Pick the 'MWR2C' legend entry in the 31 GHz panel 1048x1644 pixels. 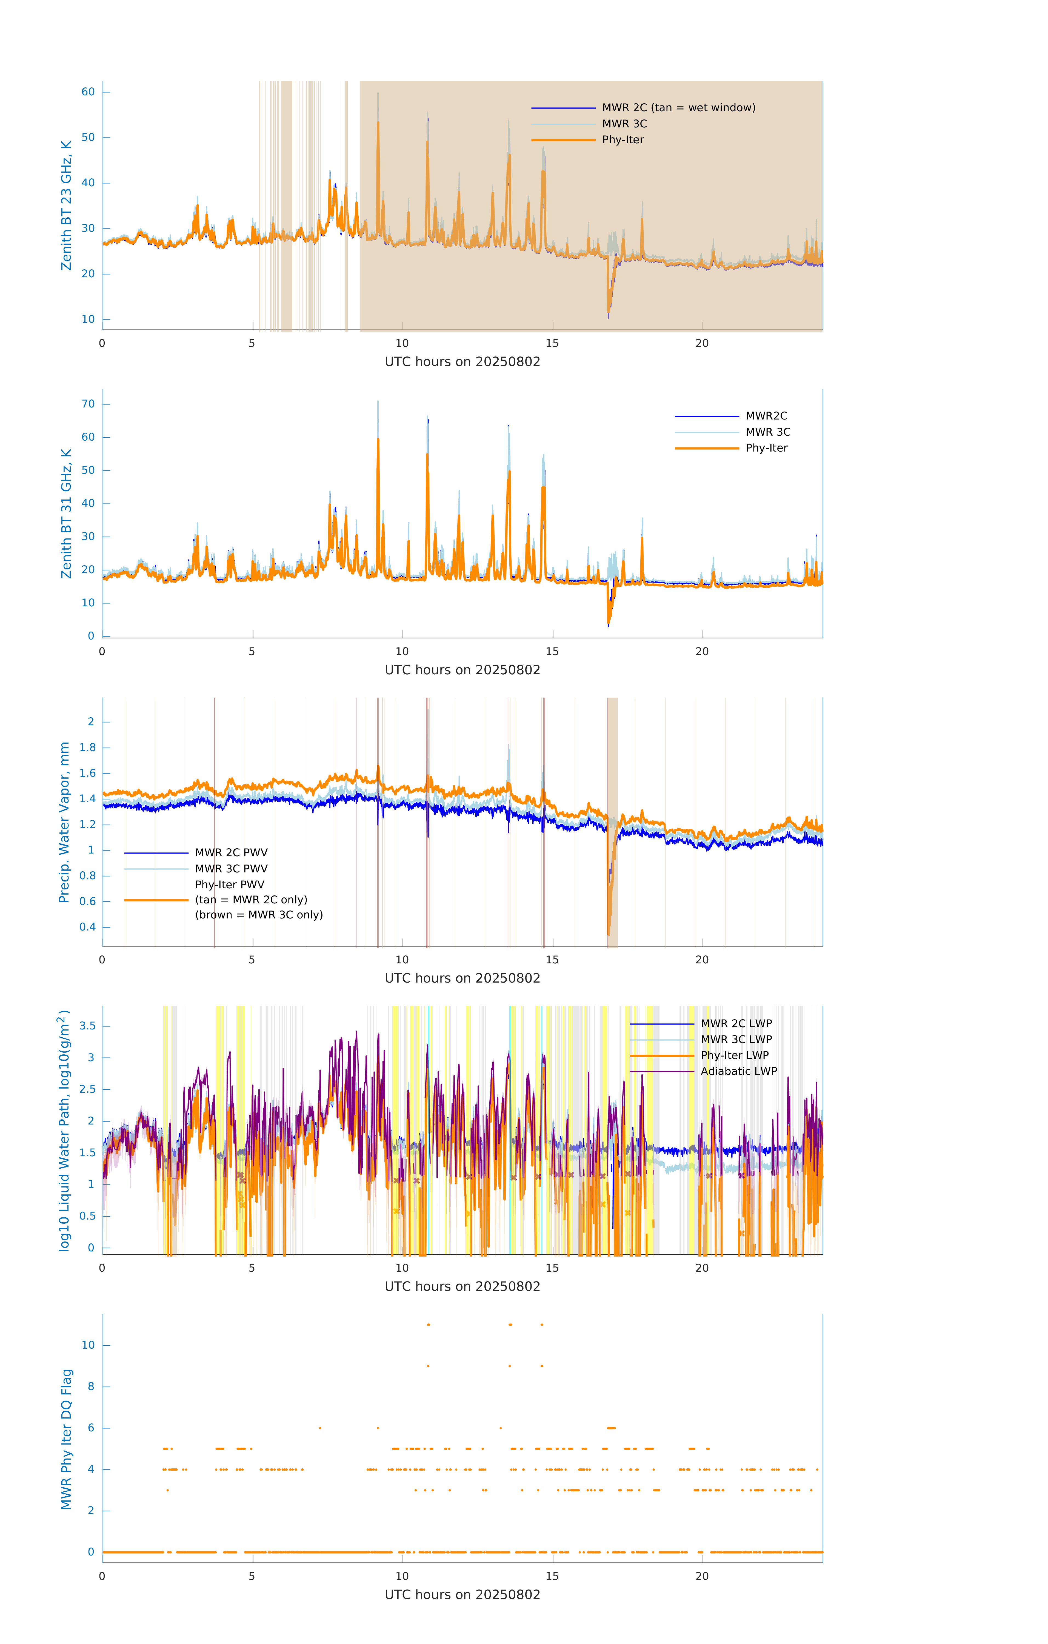tap(766, 416)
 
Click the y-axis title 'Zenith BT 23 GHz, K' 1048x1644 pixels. tap(66, 206)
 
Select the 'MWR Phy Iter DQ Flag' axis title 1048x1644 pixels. tap(66, 1439)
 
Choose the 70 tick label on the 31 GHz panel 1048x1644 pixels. tap(88, 404)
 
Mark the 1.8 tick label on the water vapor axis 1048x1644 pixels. tap(87, 747)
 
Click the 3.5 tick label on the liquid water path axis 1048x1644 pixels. tap(87, 1026)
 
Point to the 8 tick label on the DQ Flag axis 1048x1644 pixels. tap(91, 1387)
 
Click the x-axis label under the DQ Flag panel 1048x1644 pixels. tap(462, 1595)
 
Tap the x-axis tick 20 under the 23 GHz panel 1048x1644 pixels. tap(702, 343)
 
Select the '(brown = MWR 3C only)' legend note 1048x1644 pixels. tap(259, 915)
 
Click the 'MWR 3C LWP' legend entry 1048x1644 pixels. tap(736, 1040)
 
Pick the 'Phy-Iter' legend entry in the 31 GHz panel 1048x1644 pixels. tap(766, 448)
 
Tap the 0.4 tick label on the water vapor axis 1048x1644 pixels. tap(87, 927)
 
